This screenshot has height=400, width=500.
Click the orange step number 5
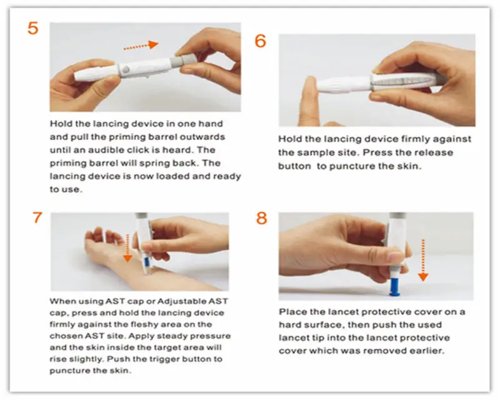(33, 29)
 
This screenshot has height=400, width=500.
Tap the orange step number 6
(261, 41)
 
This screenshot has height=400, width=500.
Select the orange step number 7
(38, 217)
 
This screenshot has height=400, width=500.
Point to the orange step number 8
(261, 217)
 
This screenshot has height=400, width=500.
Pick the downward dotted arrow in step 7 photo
(127, 247)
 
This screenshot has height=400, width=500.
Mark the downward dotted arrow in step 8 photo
(423, 260)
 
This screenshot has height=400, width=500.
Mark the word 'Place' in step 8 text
(292, 312)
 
